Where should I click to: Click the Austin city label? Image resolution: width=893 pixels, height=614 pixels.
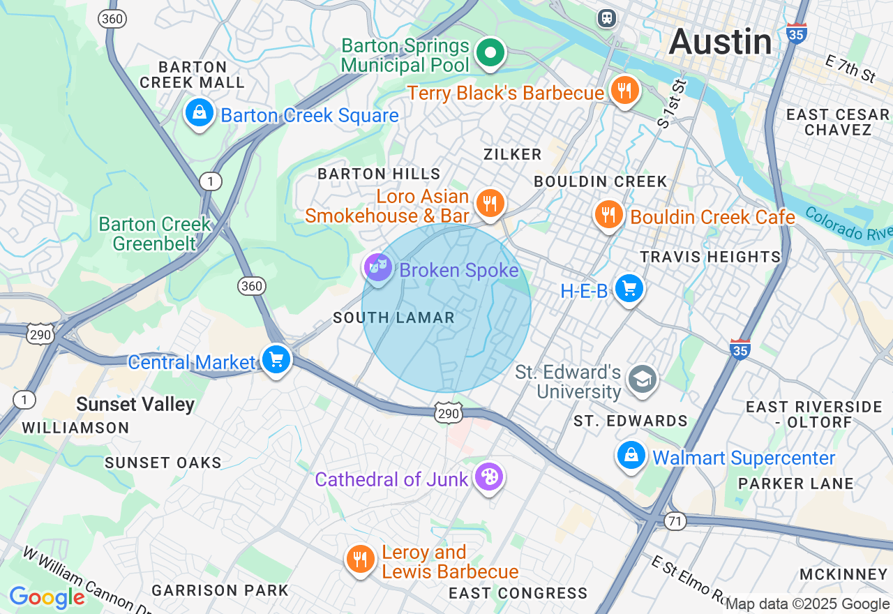(x=720, y=43)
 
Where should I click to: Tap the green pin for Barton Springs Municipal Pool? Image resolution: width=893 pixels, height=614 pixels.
(x=490, y=53)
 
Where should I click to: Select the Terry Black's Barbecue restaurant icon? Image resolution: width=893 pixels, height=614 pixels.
(x=624, y=91)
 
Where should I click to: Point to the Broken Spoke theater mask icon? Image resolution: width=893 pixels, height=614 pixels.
(x=378, y=267)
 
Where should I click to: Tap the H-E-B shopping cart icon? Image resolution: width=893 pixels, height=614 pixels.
(x=629, y=288)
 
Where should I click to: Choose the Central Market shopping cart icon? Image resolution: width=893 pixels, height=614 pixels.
(x=276, y=360)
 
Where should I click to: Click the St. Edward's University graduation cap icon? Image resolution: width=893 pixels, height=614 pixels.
(x=640, y=379)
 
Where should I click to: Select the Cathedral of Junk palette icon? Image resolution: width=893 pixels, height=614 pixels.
(x=489, y=478)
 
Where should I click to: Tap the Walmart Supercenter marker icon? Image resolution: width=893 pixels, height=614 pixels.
(x=631, y=455)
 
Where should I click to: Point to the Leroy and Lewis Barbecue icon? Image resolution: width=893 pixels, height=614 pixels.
(x=360, y=560)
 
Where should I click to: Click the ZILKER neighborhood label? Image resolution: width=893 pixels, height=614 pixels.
(x=513, y=154)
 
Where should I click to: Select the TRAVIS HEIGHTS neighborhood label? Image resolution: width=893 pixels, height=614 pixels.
(x=710, y=257)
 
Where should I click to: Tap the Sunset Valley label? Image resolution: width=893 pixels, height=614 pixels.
(x=135, y=405)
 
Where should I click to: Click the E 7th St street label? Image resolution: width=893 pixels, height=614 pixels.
(x=850, y=69)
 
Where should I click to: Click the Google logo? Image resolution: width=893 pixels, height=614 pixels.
(x=47, y=598)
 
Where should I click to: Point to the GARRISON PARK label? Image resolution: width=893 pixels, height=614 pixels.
(x=220, y=590)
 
